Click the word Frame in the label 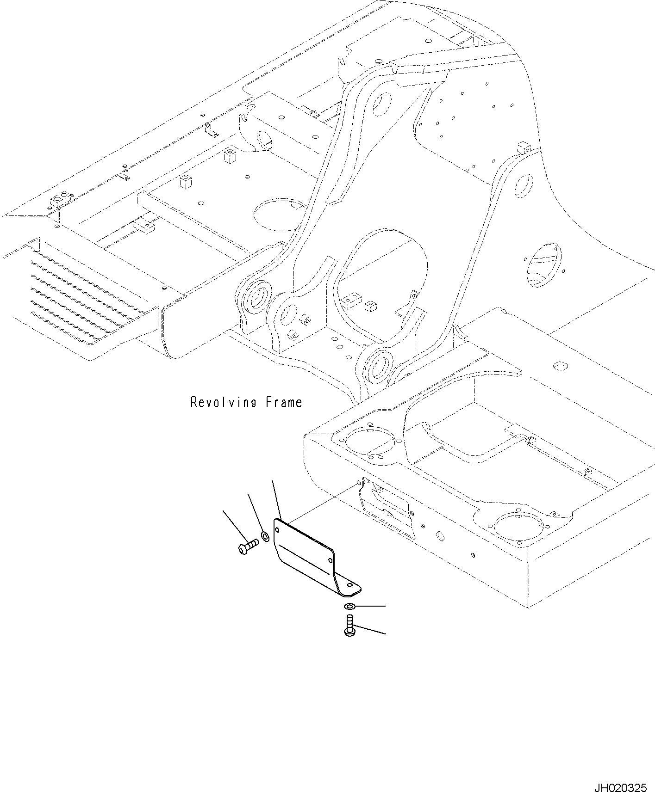tap(284, 402)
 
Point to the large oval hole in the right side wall tap(544, 264)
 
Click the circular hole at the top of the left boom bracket tap(382, 104)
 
